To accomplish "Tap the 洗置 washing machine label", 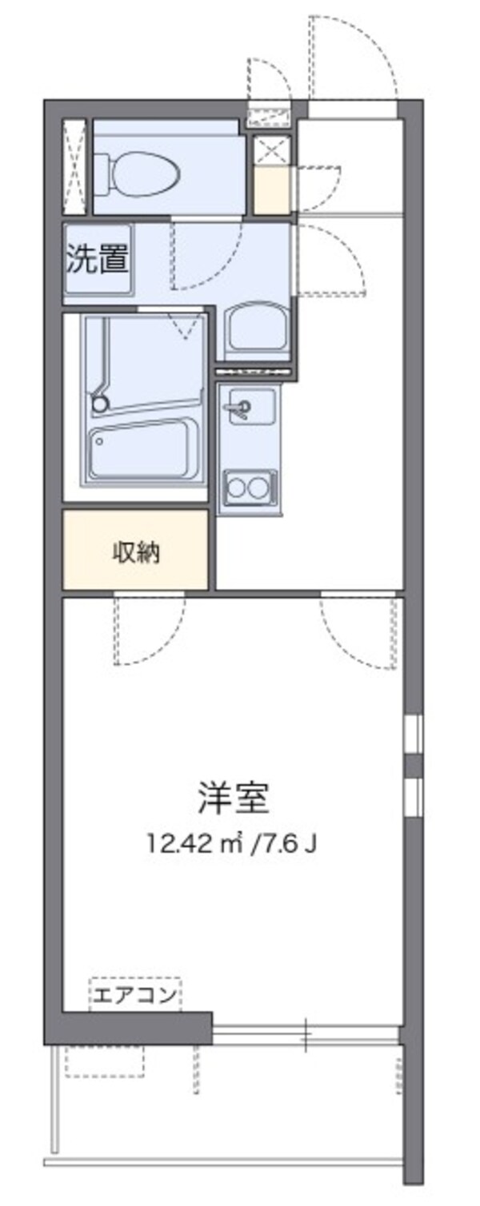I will [x=97, y=259].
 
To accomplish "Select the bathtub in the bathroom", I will [x=145, y=451].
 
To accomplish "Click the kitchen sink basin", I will [x=248, y=407].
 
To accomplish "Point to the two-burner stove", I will [x=248, y=487].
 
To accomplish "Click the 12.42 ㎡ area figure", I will [x=191, y=843].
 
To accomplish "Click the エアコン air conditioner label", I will [x=134, y=996].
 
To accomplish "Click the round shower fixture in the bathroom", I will [x=99, y=405].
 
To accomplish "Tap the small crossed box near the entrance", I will [x=273, y=150].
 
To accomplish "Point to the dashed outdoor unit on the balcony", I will [x=105, y=1060].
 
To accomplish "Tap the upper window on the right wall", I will [x=413, y=734].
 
